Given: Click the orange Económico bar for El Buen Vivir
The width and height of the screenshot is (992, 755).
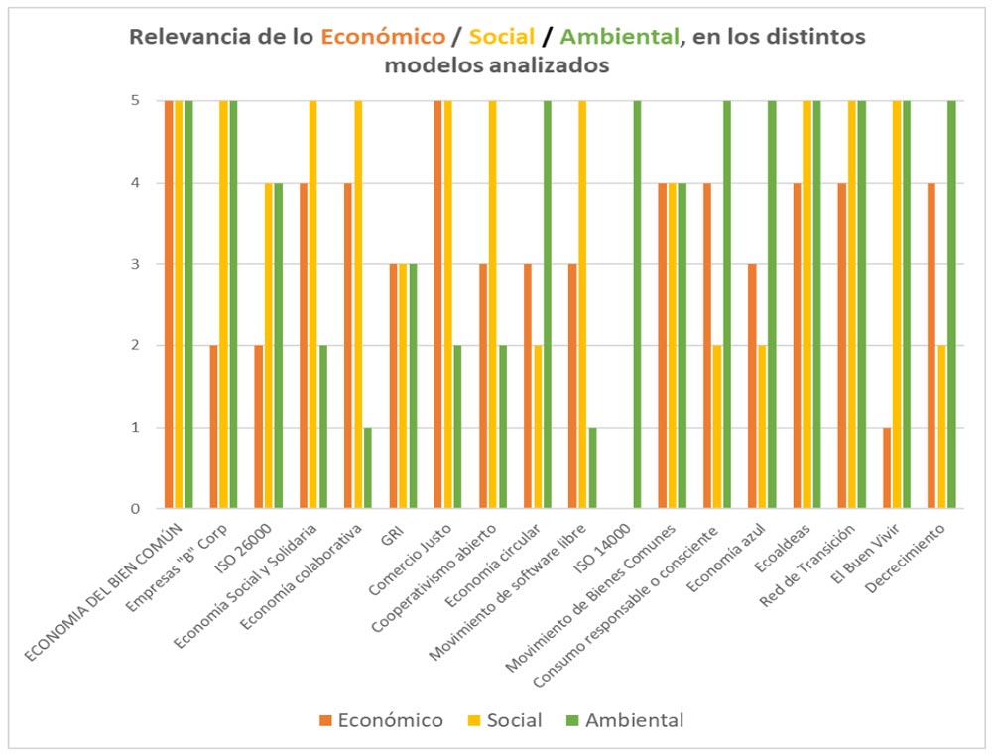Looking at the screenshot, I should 888,467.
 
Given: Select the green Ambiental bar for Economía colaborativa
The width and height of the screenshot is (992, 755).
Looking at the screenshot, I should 368,467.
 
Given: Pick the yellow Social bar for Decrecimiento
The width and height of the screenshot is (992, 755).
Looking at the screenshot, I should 942,427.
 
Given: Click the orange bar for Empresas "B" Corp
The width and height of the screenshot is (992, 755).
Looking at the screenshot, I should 214,427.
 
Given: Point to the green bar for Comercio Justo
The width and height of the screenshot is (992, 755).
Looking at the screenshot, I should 457,427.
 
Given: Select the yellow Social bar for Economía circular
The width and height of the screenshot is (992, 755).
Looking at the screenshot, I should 538,427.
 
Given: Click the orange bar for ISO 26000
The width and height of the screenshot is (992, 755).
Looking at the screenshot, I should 259,427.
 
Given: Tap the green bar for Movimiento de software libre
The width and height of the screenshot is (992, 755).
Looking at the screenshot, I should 592,467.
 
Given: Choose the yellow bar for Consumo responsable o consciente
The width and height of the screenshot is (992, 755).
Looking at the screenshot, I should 717,427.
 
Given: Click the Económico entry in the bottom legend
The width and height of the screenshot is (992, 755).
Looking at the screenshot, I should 381,720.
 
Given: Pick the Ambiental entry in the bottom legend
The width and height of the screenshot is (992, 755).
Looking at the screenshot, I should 624,720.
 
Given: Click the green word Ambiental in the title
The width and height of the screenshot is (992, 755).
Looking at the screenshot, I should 620,38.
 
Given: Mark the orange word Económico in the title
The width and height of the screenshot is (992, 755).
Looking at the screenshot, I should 383,38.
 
